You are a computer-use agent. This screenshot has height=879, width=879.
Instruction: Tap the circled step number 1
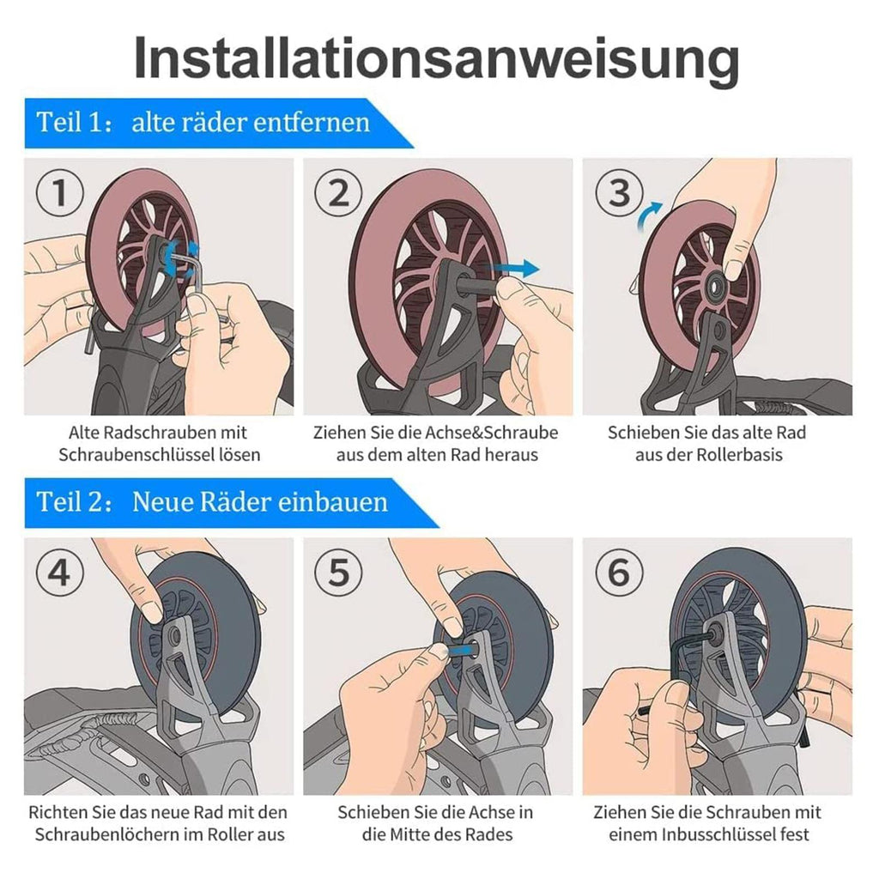(x=60, y=193)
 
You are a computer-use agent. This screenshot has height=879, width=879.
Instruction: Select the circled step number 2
(x=338, y=193)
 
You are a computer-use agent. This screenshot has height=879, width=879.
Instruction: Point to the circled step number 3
(x=619, y=193)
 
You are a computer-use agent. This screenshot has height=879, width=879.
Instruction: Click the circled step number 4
(x=60, y=573)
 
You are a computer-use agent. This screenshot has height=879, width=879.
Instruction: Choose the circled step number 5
(x=338, y=573)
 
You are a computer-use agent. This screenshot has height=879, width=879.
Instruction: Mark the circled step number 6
(x=619, y=573)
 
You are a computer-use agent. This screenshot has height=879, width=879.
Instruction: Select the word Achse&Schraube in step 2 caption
(x=491, y=433)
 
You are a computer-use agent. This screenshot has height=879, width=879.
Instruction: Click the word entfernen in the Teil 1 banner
(x=314, y=122)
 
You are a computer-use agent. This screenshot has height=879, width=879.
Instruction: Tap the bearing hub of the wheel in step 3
(x=717, y=285)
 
